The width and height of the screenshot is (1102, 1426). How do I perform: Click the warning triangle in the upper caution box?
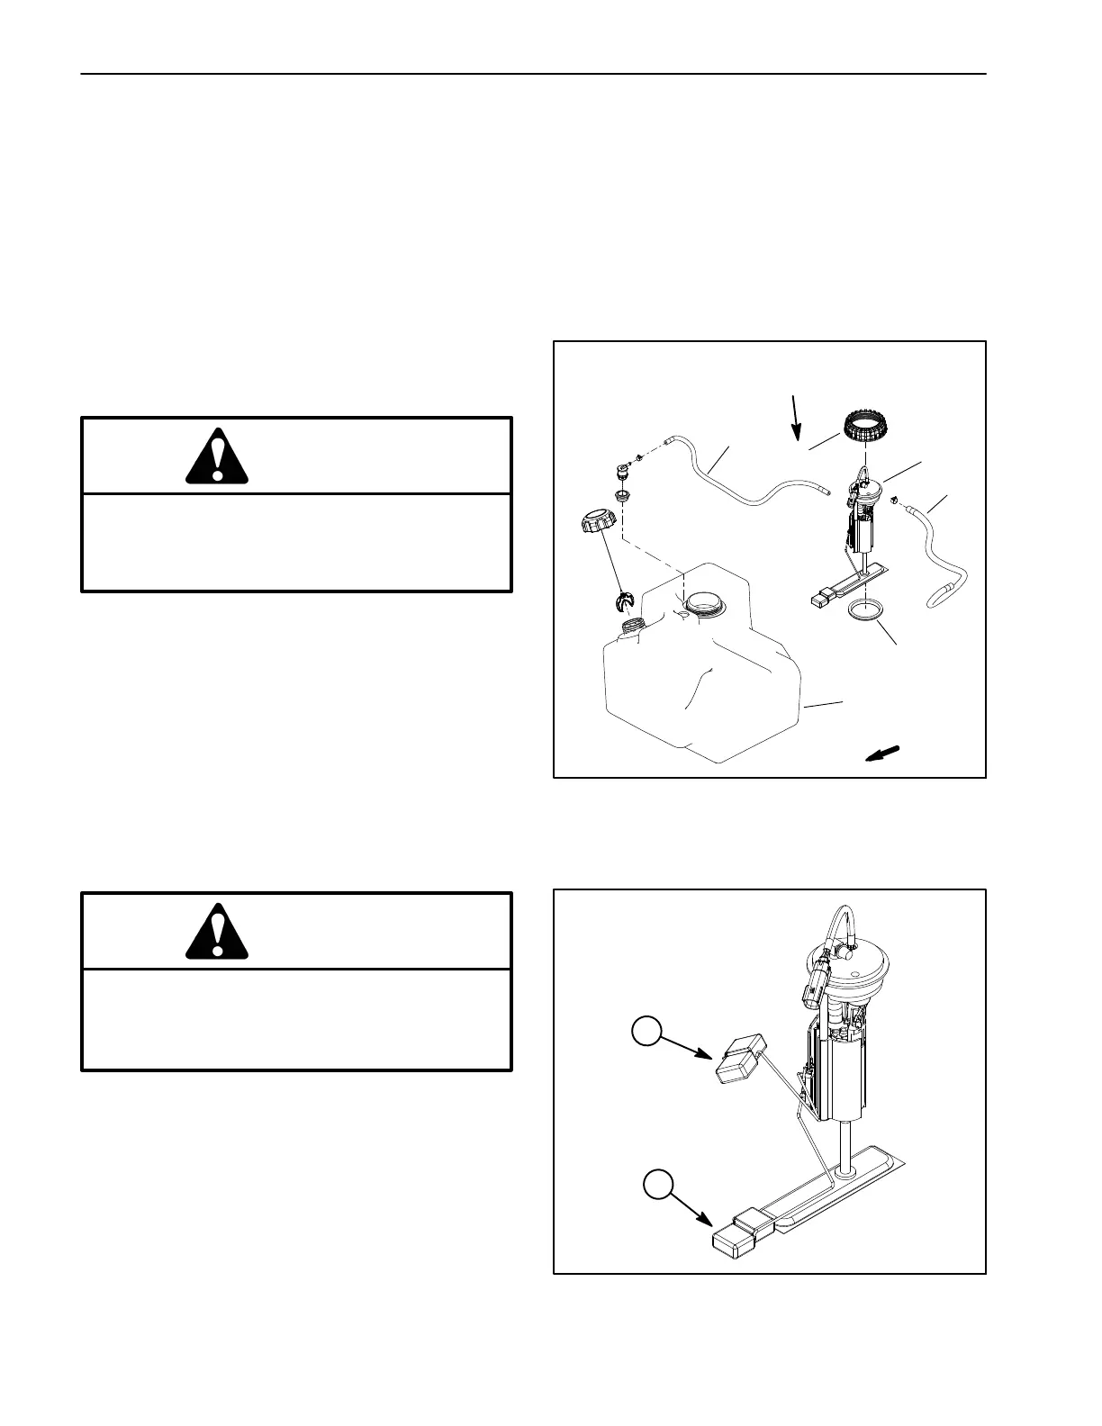[217, 458]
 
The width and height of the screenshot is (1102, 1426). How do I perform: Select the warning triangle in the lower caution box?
[217, 931]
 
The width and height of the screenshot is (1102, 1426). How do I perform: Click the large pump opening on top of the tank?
[703, 602]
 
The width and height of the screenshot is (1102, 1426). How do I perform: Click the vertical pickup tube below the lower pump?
[845, 1147]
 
